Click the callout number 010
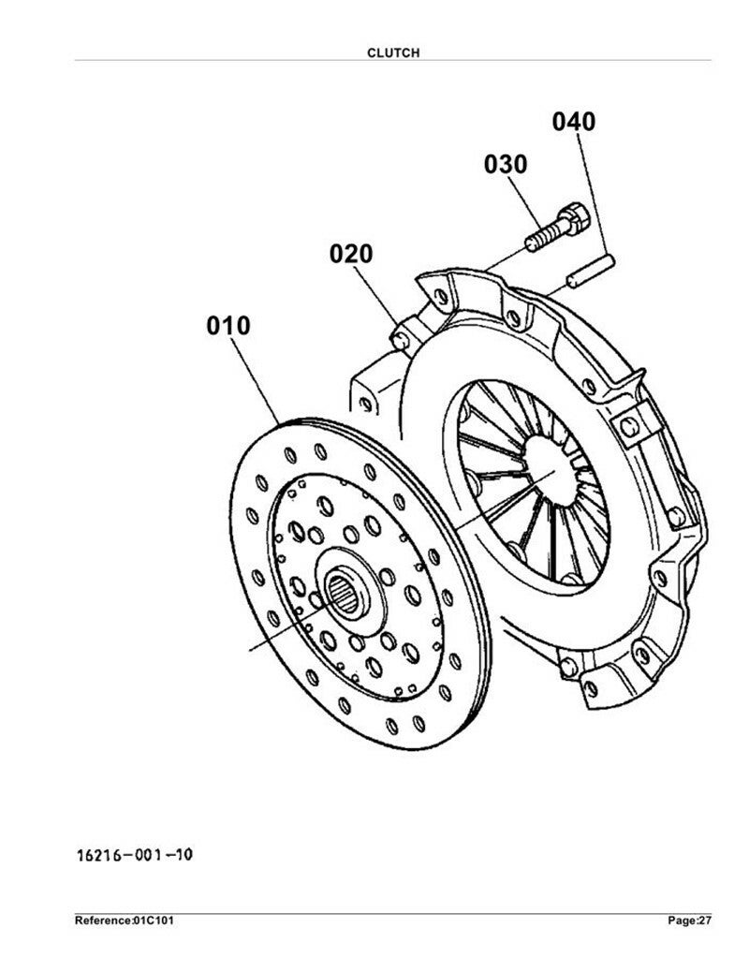click(x=228, y=326)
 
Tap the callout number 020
click(x=351, y=254)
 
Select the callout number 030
click(x=506, y=164)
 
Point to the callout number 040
click(x=574, y=122)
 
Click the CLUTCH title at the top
click(x=393, y=53)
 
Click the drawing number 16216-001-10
click(x=135, y=855)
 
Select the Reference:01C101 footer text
click(x=124, y=920)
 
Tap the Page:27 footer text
click(x=689, y=920)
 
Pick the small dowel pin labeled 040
click(x=590, y=272)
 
